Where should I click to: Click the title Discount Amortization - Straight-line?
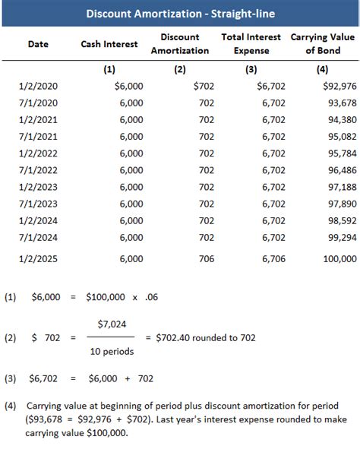[180, 14]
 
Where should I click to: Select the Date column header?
[38, 44]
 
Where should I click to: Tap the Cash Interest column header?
[109, 44]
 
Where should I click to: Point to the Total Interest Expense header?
[251, 43]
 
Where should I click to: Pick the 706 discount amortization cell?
[206, 259]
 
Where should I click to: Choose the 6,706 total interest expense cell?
[273, 259]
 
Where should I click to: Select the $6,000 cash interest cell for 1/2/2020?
[128, 86]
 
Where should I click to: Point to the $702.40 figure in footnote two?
[175, 337]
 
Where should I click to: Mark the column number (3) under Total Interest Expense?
[251, 69]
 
